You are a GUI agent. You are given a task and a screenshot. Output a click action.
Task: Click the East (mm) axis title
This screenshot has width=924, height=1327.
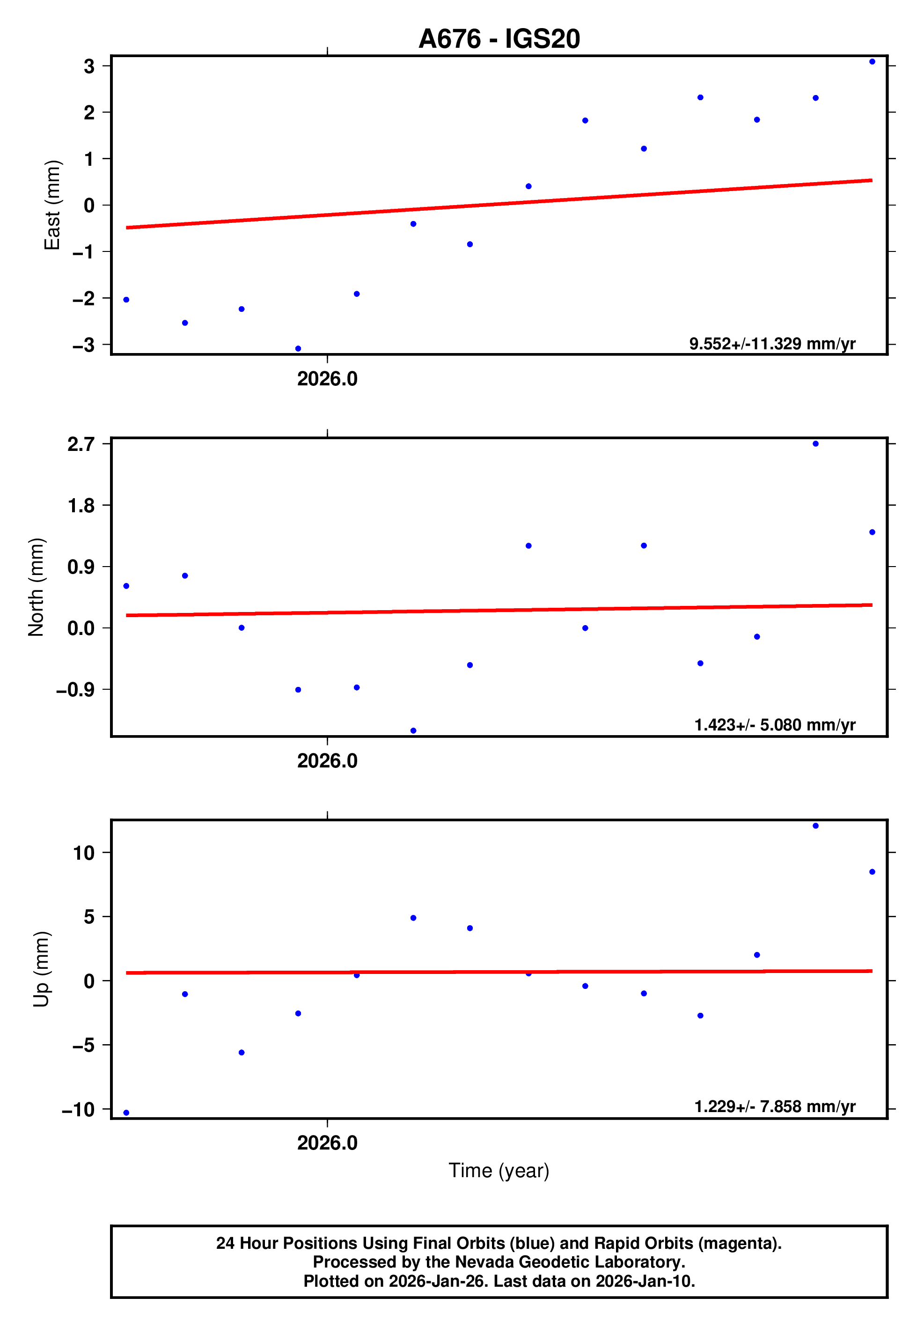click(52, 205)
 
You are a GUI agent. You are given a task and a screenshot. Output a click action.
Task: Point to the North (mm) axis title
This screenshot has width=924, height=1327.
click(36, 587)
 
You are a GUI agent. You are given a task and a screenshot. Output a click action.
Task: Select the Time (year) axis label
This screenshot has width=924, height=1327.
click(499, 1170)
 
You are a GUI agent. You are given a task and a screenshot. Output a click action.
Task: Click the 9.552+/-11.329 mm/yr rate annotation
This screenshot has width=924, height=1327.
click(772, 344)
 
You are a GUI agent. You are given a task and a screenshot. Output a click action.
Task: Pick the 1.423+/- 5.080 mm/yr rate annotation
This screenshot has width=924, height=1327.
click(774, 725)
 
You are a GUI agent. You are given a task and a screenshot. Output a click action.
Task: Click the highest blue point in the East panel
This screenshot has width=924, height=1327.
click(872, 62)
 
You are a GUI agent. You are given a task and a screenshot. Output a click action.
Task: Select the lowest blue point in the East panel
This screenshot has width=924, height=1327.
click(298, 348)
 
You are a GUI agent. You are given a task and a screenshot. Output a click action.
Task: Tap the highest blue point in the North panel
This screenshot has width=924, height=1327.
click(815, 444)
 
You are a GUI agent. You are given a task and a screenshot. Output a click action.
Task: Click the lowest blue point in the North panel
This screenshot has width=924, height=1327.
click(413, 730)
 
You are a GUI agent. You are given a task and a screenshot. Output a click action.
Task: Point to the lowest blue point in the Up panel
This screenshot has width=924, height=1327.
click(126, 1113)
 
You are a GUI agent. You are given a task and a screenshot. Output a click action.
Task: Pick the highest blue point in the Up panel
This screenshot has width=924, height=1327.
click(815, 826)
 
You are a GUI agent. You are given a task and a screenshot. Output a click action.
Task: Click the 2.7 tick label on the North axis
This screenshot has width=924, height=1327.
click(81, 444)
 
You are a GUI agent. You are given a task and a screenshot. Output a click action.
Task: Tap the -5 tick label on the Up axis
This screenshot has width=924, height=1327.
click(83, 1045)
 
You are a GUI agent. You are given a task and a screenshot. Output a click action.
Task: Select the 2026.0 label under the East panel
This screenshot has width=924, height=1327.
click(327, 379)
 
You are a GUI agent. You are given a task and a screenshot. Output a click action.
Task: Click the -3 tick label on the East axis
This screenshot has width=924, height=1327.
click(83, 345)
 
